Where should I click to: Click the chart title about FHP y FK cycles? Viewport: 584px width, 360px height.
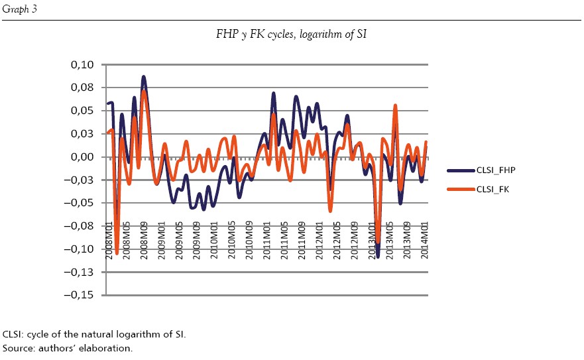tap(291, 32)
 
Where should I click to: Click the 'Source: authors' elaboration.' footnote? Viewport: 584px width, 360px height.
tap(68, 347)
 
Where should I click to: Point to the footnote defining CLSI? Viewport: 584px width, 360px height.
tap(94, 334)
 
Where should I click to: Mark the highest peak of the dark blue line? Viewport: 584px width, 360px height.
tap(144, 77)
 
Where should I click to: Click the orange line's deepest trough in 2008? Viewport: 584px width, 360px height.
tap(117, 253)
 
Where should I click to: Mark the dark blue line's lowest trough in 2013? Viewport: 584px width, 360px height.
tap(378, 257)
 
